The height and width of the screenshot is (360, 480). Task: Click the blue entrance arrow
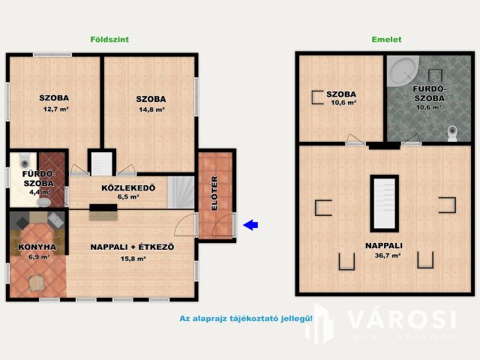pyautogui.click(x=252, y=223)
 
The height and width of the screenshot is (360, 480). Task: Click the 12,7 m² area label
pyautogui.click(x=55, y=109)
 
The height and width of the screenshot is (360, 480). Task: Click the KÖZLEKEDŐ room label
pyautogui.click(x=128, y=187)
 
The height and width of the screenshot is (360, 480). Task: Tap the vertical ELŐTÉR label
pyautogui.click(x=214, y=193)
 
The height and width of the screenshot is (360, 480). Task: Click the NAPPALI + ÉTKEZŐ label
pyautogui.click(x=132, y=247)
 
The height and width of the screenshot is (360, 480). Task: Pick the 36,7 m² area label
pyautogui.click(x=383, y=256)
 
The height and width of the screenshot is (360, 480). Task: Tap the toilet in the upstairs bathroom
pyautogui.click(x=451, y=133)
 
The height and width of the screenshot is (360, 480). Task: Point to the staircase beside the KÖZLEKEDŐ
pyautogui.click(x=179, y=193)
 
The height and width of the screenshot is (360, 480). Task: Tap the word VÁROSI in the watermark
pyautogui.click(x=400, y=319)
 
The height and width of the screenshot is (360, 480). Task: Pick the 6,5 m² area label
pyautogui.click(x=128, y=197)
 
